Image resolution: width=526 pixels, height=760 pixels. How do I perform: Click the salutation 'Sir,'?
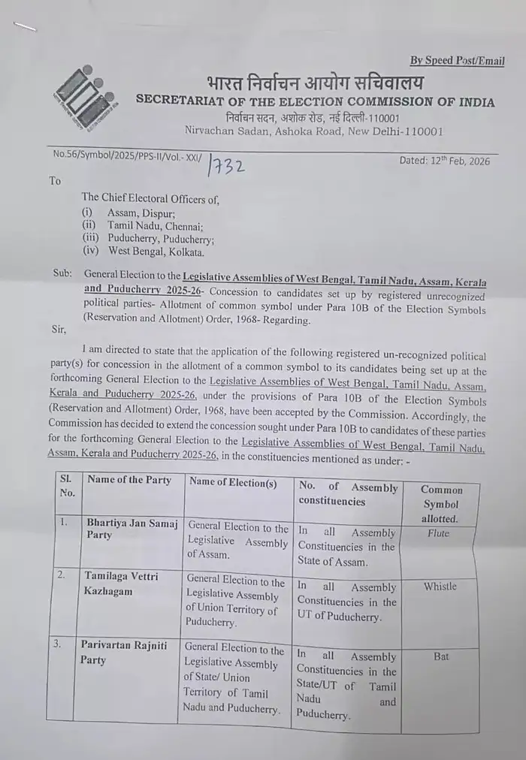pos(58,329)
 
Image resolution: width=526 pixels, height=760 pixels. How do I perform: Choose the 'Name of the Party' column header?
pos(129,480)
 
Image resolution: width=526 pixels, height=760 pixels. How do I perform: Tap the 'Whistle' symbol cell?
pos(440,587)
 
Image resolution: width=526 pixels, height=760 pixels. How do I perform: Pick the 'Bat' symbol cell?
pos(441,656)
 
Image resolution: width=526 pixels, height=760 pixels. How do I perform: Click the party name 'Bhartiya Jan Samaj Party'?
pos(131,531)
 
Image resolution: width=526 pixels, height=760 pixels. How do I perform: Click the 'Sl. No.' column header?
pos(66,485)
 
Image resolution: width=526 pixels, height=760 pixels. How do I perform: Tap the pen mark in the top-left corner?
pos(25,29)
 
